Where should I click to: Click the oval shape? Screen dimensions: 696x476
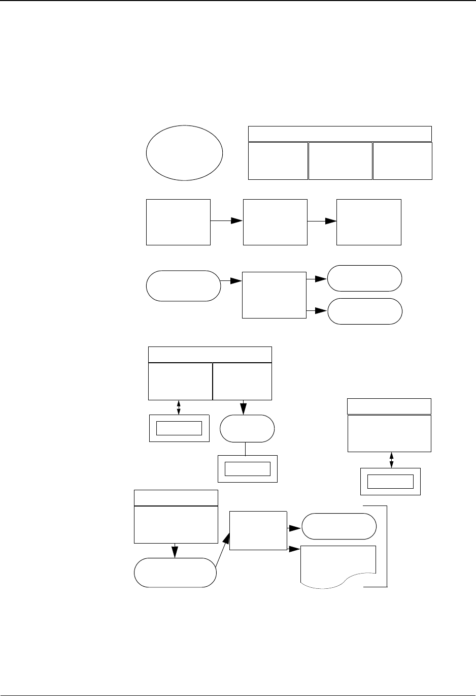pos(184,152)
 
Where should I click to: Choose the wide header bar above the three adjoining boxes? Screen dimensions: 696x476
pos(339,134)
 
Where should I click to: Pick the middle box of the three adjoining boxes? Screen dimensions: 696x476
pos(340,161)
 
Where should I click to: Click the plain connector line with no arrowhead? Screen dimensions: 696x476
pos(246,449)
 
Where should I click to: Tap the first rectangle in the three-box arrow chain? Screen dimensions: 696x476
pos(178,222)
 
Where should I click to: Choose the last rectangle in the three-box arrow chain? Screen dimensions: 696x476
pos(369,222)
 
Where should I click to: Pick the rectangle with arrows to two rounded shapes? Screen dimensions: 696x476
pos(274,295)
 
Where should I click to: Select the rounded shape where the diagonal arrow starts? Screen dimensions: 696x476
pos(175,573)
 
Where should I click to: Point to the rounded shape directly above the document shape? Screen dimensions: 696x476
pos(339,526)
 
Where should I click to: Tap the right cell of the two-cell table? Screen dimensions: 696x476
pos(243,381)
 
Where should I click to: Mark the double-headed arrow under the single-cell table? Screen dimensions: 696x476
pos(391,460)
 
